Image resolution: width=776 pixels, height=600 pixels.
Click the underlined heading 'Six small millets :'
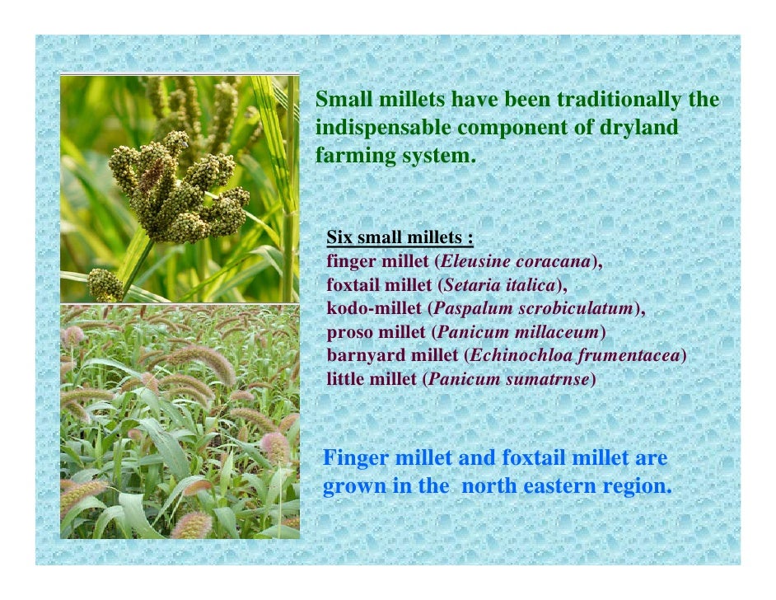[x=400, y=238]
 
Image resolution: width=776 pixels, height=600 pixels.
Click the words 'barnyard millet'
[x=392, y=356]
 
